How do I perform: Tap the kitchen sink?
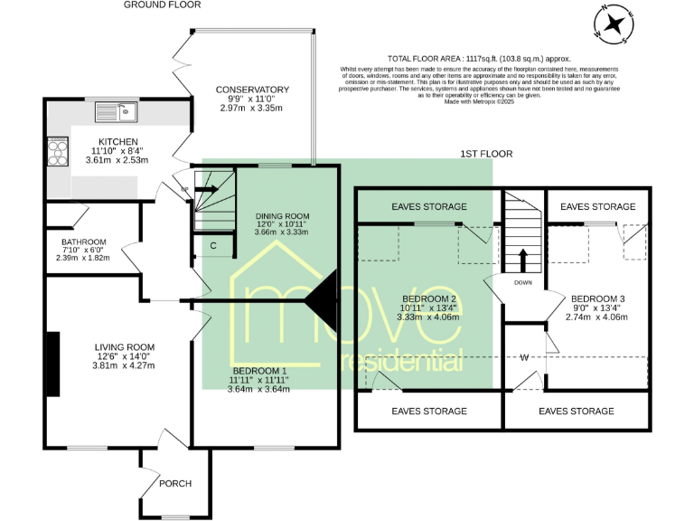click(115, 112)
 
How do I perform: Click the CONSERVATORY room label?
click(252, 90)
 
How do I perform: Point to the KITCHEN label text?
click(118, 142)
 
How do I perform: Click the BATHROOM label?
click(84, 242)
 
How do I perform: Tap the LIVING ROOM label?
click(126, 347)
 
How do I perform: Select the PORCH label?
click(174, 483)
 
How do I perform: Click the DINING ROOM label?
click(282, 215)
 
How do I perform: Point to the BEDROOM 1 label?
click(260, 371)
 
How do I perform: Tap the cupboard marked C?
click(213, 245)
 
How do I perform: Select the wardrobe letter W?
click(523, 356)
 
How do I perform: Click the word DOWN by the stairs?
click(522, 281)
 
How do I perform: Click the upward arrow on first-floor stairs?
click(522, 259)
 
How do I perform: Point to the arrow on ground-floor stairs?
click(206, 190)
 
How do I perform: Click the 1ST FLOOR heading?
click(486, 155)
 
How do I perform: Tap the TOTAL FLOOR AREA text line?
click(479, 57)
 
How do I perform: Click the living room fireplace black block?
click(53, 365)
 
